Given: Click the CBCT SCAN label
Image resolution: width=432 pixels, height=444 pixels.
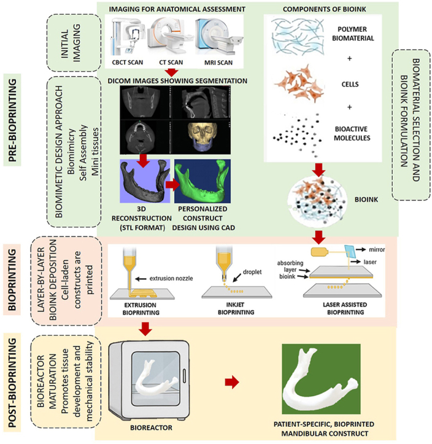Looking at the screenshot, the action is click(x=127, y=62).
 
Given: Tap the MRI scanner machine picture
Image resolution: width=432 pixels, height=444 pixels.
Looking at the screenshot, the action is click(x=218, y=36).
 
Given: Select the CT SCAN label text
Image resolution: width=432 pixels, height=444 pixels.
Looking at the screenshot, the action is click(x=171, y=62).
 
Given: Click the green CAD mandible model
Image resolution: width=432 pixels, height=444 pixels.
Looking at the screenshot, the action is click(x=202, y=181).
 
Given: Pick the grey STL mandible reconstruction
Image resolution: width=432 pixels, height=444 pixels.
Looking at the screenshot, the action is click(x=145, y=181).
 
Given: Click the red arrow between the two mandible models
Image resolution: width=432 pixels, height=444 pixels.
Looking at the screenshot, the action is click(x=172, y=185).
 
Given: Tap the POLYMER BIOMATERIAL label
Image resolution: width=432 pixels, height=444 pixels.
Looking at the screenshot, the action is click(x=353, y=34).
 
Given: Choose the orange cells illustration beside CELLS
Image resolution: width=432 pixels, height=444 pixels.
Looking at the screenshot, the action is click(x=299, y=84).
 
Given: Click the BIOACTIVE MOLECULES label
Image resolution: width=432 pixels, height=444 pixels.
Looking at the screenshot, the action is click(x=352, y=133).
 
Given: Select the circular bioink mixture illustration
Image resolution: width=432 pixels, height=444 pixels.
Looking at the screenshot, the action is click(x=317, y=201).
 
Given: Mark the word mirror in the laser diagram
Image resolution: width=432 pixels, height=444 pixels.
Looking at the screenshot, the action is click(x=377, y=249).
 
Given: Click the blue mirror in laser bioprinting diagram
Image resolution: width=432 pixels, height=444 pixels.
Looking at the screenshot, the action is click(x=350, y=251).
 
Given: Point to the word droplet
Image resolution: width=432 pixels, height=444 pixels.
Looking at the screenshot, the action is click(x=252, y=272).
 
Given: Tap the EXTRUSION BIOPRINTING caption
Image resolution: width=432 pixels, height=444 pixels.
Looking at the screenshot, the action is click(x=141, y=309).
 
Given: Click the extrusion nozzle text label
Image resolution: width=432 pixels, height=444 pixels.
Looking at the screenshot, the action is click(x=171, y=279).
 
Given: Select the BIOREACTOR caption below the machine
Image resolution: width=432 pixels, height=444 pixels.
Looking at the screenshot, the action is click(x=151, y=427).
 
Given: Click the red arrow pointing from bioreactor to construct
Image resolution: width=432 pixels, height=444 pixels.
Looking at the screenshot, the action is click(x=232, y=382).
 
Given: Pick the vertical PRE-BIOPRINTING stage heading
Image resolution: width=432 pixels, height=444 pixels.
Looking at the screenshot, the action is click(x=12, y=120).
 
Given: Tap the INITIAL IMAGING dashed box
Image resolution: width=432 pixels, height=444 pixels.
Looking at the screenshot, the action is click(x=74, y=43).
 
